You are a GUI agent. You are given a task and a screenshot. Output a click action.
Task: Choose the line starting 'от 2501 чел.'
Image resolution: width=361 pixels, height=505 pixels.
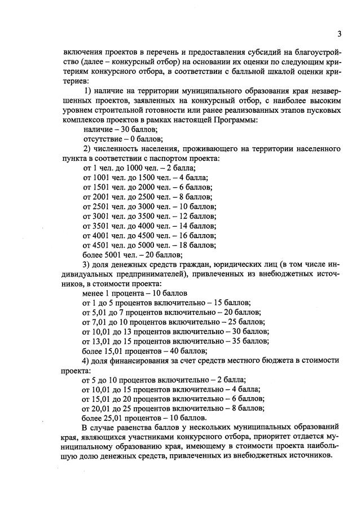click(x=149, y=207)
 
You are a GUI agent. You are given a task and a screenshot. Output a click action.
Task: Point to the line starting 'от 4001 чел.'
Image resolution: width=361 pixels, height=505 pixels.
click(x=149, y=235)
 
